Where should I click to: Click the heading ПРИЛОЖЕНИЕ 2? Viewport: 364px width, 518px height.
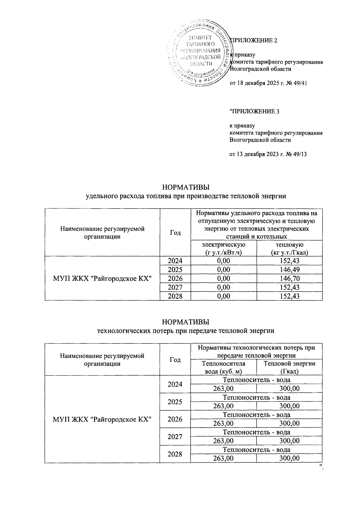[254, 40]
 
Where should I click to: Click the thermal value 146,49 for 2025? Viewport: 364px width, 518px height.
[289, 270]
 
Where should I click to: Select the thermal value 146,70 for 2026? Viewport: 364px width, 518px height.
[289, 279]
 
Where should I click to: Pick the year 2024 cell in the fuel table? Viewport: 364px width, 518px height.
[175, 261]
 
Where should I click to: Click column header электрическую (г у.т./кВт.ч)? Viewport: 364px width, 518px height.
[224, 248]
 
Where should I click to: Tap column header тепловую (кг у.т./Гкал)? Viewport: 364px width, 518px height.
[289, 248]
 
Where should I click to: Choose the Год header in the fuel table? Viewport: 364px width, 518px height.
[175, 233]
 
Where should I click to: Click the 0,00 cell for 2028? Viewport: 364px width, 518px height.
[224, 296]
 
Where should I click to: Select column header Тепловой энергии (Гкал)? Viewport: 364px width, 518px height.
[289, 367]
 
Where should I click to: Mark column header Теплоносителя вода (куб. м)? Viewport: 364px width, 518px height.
[224, 367]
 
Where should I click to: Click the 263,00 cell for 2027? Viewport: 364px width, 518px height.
[224, 441]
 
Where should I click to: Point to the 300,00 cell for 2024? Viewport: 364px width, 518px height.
[289, 388]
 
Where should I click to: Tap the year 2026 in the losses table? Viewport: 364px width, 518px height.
[175, 419]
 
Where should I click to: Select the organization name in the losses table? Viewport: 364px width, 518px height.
[102, 419]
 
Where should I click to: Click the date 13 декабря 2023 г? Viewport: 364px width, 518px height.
[258, 154]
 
